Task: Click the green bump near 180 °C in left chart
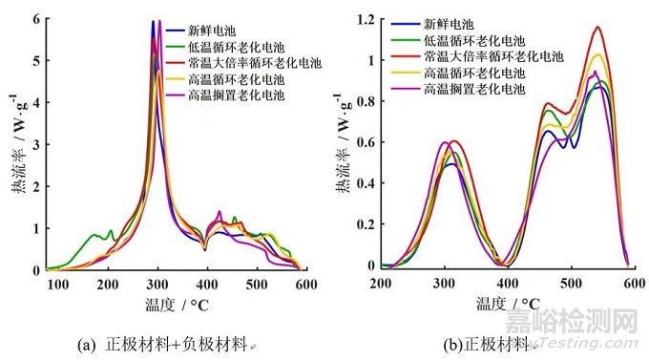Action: point(94,234)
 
